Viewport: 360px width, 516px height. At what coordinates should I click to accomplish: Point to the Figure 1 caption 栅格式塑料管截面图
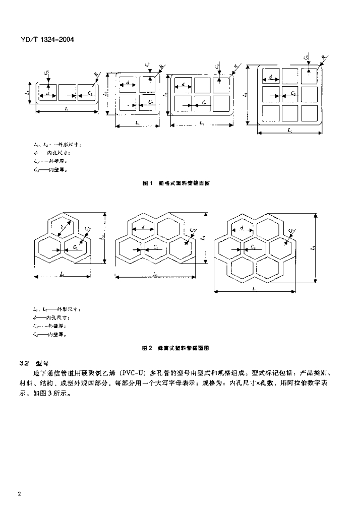coord(176,183)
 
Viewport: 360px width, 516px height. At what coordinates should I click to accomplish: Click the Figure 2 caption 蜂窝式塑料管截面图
coord(175,348)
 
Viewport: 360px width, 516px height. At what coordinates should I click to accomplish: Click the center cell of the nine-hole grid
coord(290,94)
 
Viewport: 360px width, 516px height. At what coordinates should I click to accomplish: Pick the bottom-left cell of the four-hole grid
coord(127,102)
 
